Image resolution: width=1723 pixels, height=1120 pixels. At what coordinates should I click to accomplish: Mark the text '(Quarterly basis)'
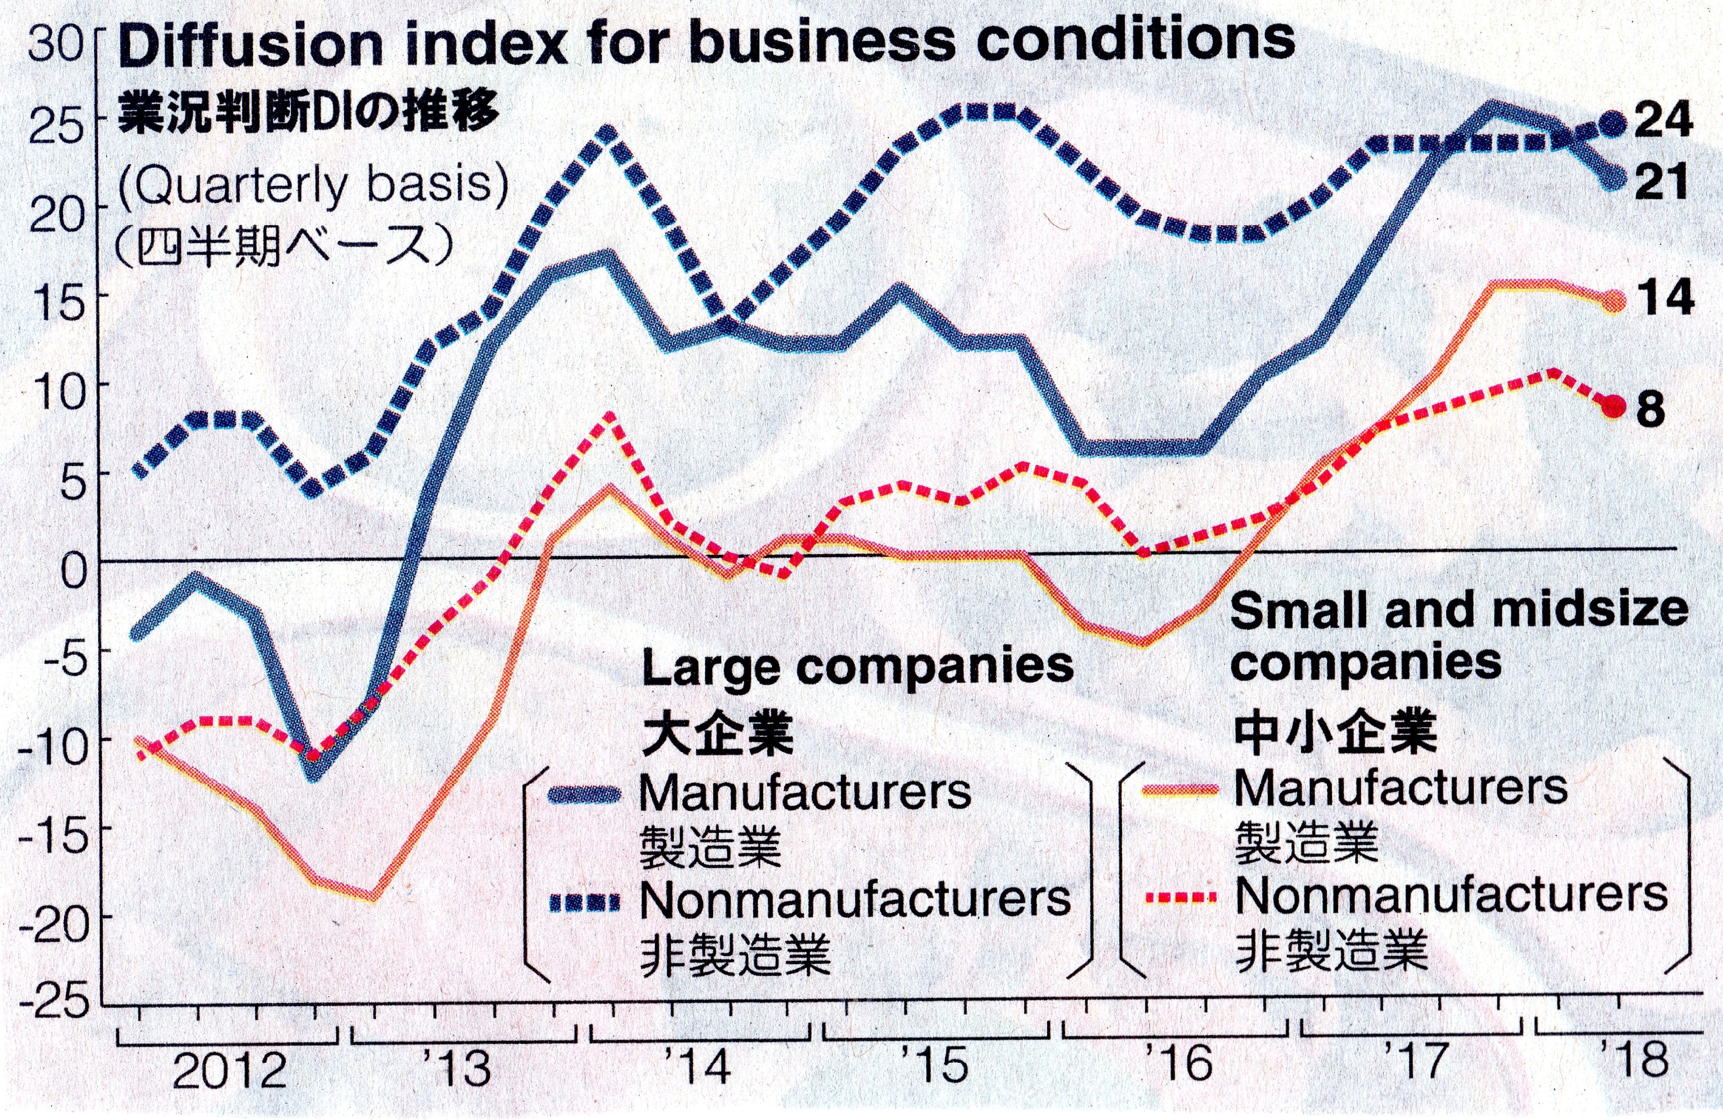coord(313,187)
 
